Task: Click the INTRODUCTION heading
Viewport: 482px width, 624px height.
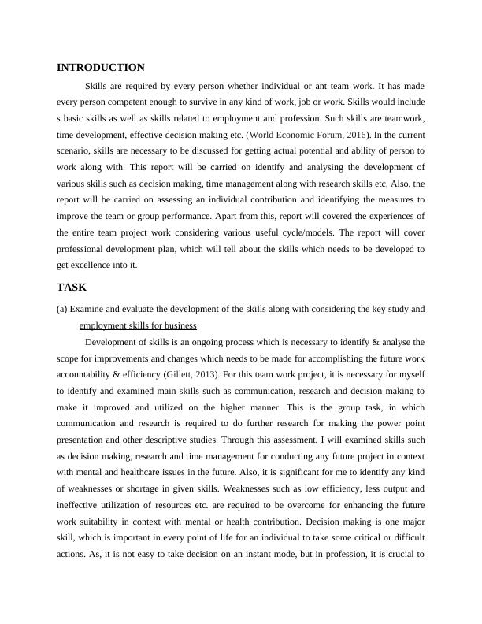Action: click(x=100, y=68)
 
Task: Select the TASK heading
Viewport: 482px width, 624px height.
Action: click(x=72, y=288)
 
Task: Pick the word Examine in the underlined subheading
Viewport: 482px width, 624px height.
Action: click(x=86, y=310)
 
